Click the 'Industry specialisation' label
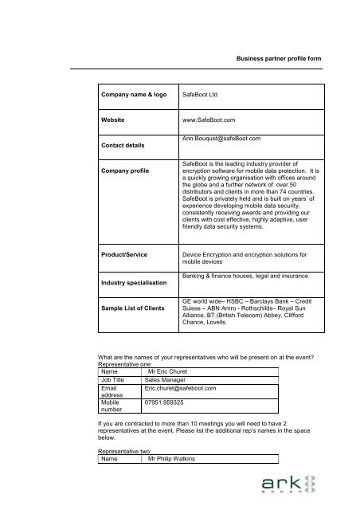pyautogui.click(x=132, y=282)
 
